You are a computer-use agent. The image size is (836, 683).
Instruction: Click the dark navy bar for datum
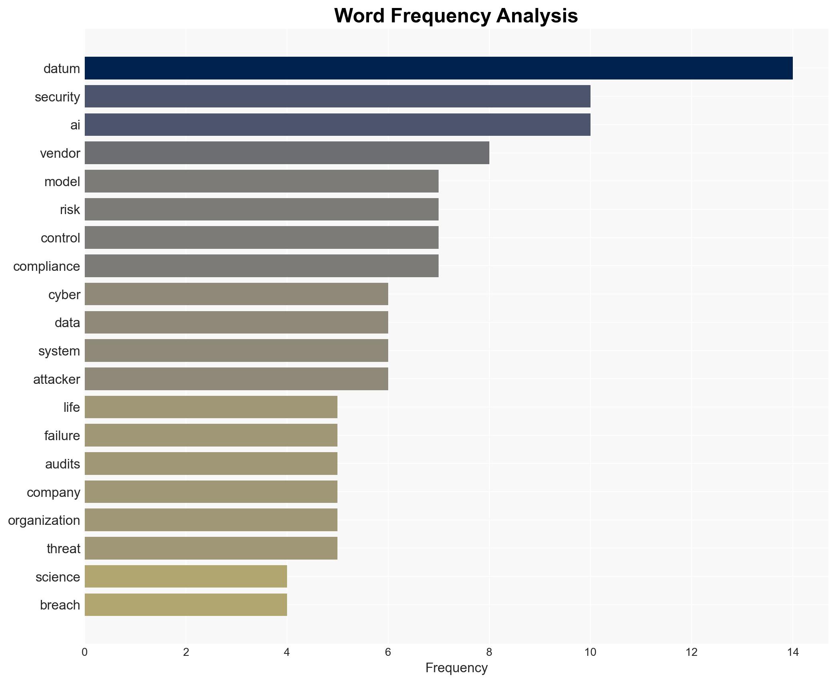[x=438, y=68]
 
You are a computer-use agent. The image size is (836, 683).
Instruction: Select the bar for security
[x=337, y=97]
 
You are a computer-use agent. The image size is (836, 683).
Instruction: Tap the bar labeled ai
[x=337, y=125]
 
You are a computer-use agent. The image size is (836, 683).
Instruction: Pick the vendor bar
[x=287, y=153]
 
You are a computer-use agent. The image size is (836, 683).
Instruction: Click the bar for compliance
[x=261, y=266]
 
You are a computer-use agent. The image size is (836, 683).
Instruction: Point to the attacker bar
[x=236, y=379]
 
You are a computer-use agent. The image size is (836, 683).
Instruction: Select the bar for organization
[x=211, y=520]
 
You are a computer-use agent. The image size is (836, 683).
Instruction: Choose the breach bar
[x=186, y=605]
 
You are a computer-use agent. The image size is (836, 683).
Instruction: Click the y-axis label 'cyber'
[x=64, y=295]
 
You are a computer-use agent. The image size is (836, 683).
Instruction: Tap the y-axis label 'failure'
[x=62, y=436]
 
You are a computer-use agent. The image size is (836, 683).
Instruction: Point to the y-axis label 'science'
[x=58, y=577]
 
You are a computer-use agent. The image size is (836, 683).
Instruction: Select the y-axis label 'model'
[x=62, y=182]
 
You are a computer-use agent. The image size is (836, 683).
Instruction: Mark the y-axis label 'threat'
[x=63, y=549]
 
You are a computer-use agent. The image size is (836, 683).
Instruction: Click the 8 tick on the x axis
[x=489, y=652]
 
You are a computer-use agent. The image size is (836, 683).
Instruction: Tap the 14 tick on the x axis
[x=792, y=652]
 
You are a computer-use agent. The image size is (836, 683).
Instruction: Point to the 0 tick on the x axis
[x=85, y=652]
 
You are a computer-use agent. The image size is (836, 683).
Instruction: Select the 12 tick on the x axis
[x=691, y=652]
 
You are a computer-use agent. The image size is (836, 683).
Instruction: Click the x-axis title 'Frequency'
[x=456, y=668]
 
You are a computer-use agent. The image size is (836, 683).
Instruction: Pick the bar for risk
[x=261, y=209]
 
